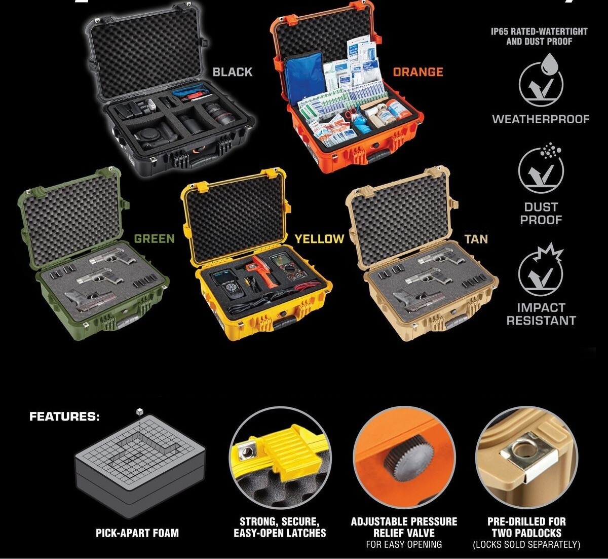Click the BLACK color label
[232, 72]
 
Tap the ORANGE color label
[418, 72]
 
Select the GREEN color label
[154, 238]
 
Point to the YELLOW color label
[319, 238]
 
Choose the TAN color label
[476, 238]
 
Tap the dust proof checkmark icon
[541, 170]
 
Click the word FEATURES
[64, 417]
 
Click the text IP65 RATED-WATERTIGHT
[539, 31]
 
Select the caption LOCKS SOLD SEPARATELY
[526, 545]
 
